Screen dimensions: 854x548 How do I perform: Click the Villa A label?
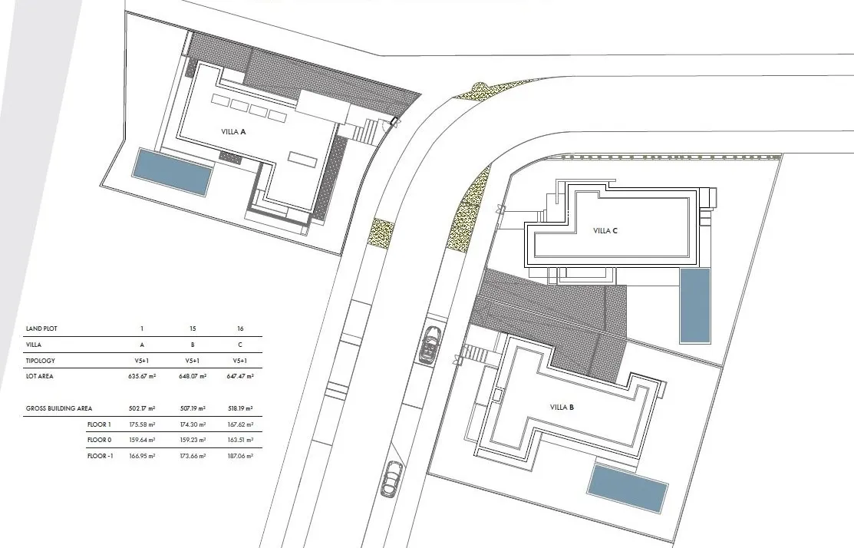pos(234,132)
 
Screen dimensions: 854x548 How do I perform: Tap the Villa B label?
pos(562,408)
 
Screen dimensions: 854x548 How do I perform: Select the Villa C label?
pos(605,231)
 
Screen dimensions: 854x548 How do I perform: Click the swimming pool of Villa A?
pos(172,172)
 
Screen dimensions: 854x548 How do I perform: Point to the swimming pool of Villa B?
pos(628,488)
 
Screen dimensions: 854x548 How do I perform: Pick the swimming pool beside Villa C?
pos(695,305)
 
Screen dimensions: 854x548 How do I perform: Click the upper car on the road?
pos(429,345)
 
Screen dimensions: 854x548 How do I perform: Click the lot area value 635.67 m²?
pos(142,376)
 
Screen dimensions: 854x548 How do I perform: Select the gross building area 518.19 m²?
pos(240,408)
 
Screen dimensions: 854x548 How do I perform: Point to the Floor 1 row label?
pos(99,424)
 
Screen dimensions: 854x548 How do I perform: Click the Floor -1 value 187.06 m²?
pos(240,456)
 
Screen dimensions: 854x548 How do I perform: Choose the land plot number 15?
pos(193,328)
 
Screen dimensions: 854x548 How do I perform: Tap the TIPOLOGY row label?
pos(41,361)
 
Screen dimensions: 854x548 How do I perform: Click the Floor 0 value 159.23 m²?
pos(193,440)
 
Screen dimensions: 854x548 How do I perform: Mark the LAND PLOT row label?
pos(41,328)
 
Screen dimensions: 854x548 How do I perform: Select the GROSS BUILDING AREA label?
pos(59,408)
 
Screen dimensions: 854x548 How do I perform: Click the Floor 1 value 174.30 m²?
pos(193,424)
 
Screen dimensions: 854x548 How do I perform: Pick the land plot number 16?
pos(240,328)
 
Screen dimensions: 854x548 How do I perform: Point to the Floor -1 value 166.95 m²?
pos(142,456)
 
